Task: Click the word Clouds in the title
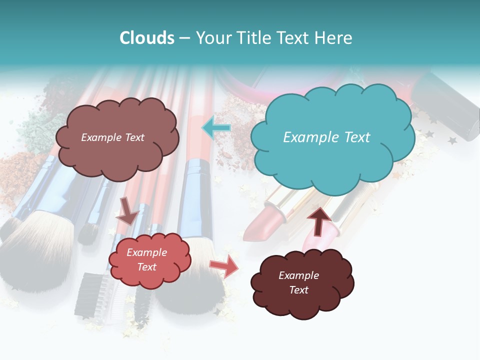tap(146, 38)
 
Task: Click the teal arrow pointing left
tap(216, 128)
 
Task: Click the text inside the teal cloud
tap(326, 137)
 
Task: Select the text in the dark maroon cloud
tap(298, 282)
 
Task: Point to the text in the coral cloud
tap(146, 259)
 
